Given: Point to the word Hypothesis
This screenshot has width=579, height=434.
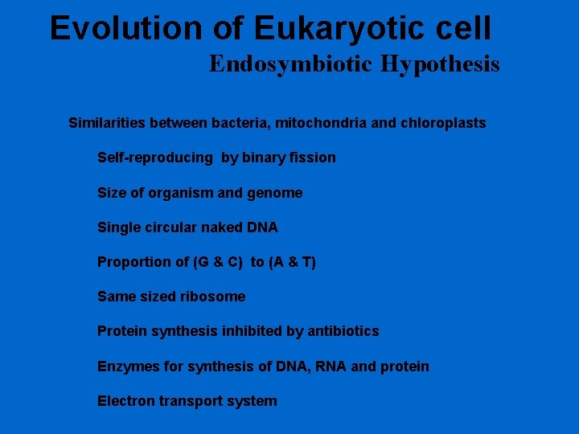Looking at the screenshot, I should pos(441,64).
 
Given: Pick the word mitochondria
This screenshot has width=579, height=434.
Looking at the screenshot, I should pos(331,123).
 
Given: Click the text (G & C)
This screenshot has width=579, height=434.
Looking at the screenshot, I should pos(213,262).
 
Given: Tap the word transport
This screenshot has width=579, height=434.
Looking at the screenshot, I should pos(195,401).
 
